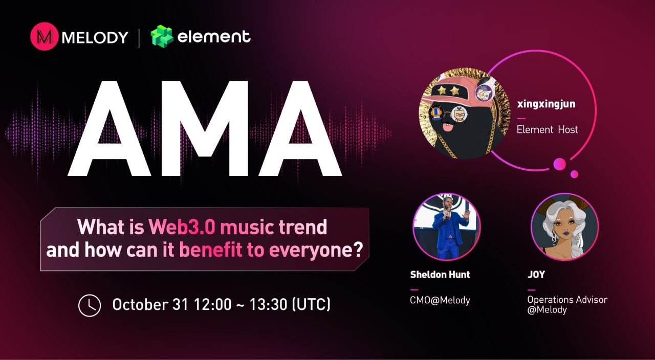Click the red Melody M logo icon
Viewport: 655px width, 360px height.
click(x=45, y=36)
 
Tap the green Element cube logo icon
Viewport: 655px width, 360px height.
click(x=162, y=37)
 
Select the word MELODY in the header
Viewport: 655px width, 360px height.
click(x=95, y=37)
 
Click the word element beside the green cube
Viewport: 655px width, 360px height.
click(x=214, y=37)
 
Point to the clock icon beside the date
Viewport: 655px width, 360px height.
click(x=89, y=305)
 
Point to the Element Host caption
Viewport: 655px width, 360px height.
click(x=547, y=130)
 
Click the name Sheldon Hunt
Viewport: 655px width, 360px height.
click(x=440, y=275)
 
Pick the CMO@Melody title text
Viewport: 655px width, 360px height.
click(x=440, y=301)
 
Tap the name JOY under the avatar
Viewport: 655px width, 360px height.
click(x=536, y=275)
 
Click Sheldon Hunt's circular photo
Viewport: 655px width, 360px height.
click(x=446, y=227)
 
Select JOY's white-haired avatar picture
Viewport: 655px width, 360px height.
click(x=564, y=227)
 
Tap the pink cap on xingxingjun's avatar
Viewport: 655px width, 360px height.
click(x=450, y=87)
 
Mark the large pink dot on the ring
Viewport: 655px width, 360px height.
click(x=560, y=164)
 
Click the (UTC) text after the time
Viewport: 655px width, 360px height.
click(x=310, y=305)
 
